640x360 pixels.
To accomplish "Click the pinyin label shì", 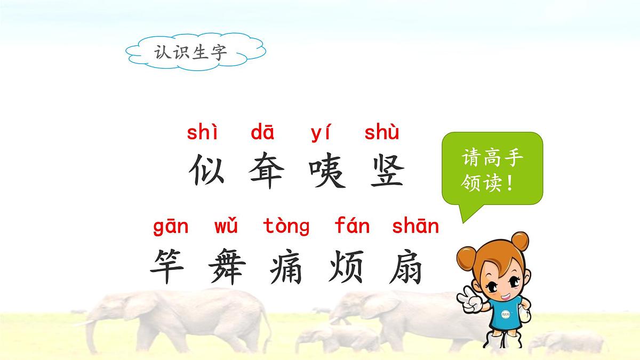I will (x=202, y=133).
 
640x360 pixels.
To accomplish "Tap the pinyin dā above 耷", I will (x=262, y=133).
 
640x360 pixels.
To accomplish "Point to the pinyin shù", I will (x=381, y=133).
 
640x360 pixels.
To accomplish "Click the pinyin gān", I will (x=171, y=227).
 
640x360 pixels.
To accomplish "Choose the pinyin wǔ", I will (x=226, y=227).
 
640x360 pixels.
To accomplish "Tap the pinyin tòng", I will (x=286, y=227).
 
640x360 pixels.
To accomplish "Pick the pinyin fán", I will (x=352, y=227).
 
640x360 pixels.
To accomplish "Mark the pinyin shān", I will (x=415, y=227).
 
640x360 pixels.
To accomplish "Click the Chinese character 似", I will (x=205, y=171).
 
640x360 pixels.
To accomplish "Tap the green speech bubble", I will (x=492, y=170).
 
